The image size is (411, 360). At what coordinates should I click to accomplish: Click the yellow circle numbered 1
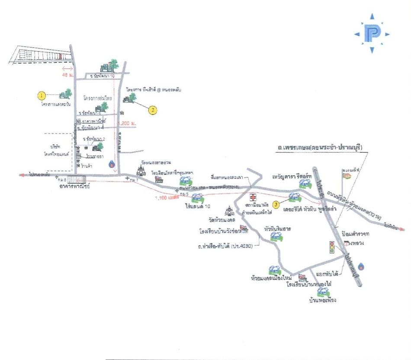42,95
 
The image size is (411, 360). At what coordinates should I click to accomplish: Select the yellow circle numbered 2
152,110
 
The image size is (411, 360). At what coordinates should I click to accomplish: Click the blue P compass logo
372,34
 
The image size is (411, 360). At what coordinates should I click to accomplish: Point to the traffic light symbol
332,247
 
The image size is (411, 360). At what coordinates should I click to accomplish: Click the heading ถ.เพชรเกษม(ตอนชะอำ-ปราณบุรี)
321,147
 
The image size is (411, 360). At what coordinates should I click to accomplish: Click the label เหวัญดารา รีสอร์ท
293,177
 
